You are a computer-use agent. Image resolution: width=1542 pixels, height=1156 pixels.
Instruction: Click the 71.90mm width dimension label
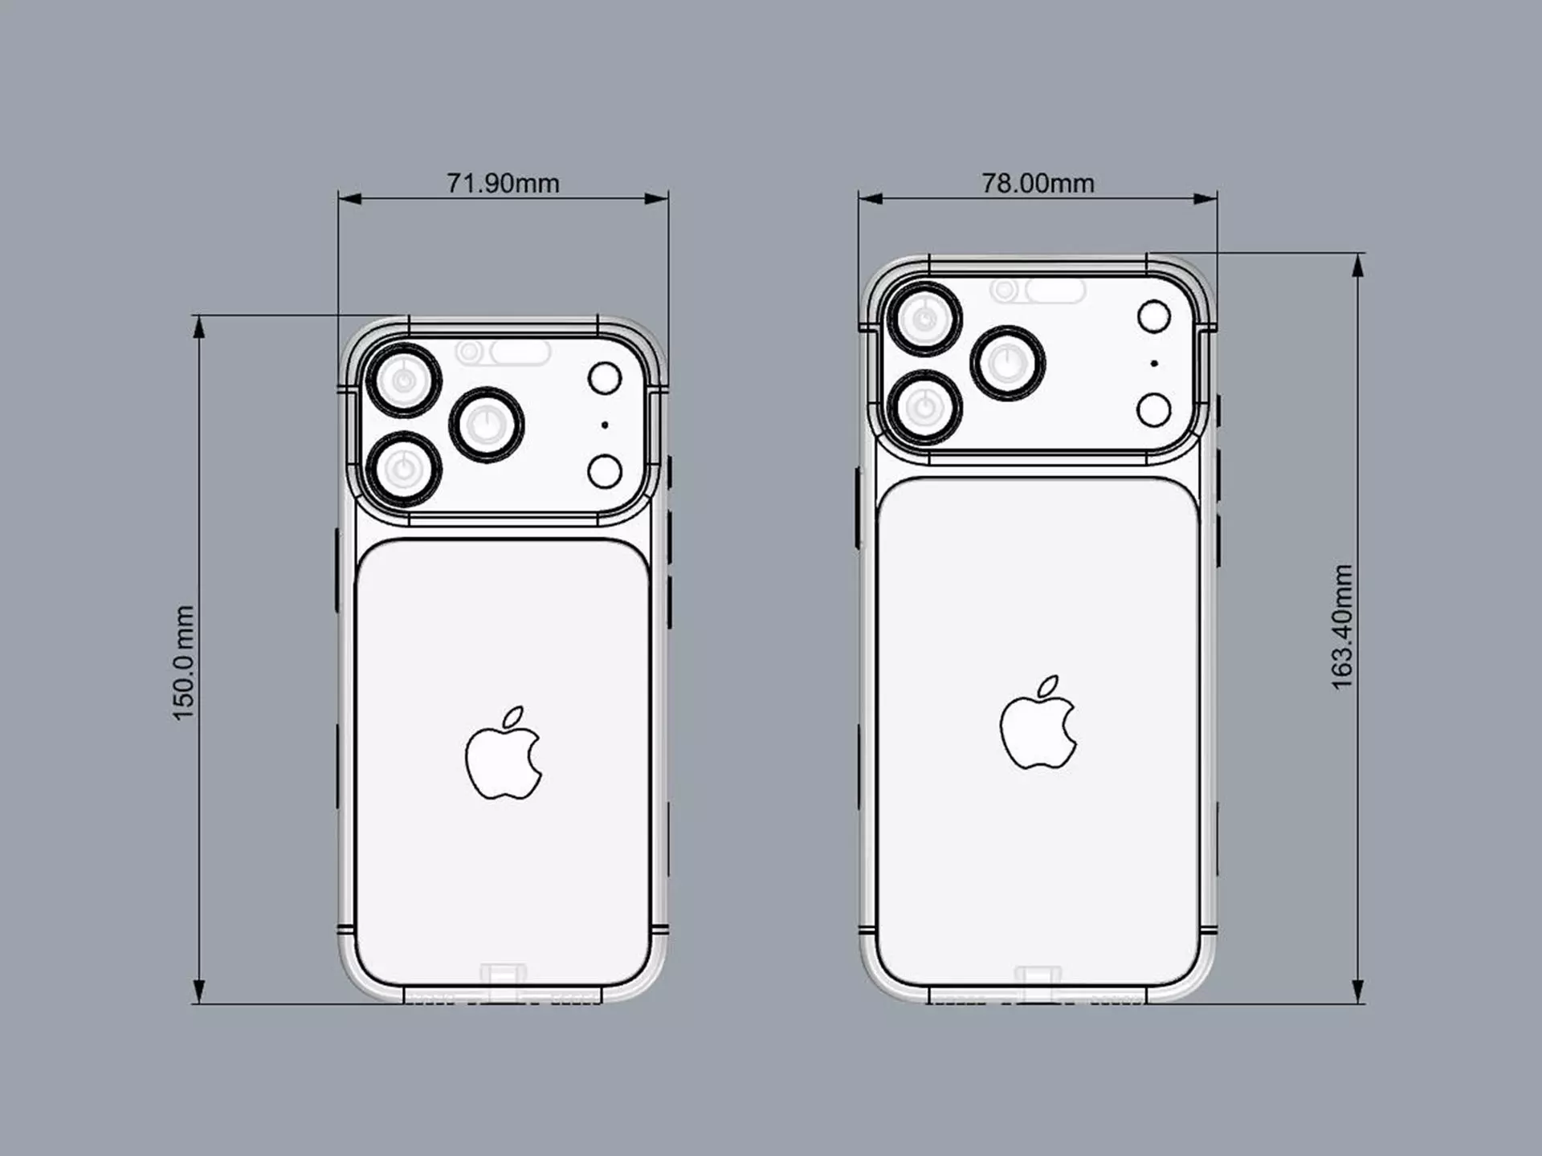coord(503,183)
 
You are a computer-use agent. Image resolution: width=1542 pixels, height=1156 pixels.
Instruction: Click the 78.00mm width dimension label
coord(1038,183)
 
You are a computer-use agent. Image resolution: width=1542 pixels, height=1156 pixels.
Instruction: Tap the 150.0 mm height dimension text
coord(184,663)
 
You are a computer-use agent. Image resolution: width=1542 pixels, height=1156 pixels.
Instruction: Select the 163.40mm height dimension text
coord(1342,627)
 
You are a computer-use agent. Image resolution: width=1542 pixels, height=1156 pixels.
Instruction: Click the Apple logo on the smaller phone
coord(504,755)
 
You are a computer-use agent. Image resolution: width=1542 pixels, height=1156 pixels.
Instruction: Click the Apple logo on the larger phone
coord(1038,723)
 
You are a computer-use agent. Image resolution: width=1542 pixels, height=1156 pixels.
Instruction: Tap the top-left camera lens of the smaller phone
coord(404,380)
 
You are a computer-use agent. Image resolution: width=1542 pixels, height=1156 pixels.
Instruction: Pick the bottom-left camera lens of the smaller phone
coord(404,469)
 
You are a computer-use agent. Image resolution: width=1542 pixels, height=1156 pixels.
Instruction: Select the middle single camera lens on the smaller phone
coord(487,425)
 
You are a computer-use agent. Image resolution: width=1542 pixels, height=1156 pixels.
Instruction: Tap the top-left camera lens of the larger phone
coord(924,319)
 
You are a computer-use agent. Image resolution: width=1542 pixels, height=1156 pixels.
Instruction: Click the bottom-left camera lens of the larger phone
coord(924,408)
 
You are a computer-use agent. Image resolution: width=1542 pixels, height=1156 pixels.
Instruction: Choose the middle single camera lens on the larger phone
coord(1008,363)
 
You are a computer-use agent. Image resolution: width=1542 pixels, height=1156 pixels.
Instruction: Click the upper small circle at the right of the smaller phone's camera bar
coord(605,378)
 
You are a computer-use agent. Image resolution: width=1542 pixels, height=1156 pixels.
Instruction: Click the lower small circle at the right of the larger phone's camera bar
coord(1154,410)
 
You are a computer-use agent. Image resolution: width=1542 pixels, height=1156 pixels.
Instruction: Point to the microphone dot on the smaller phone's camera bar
coord(605,425)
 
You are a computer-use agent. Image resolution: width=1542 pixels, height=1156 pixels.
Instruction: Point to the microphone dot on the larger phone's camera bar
coord(1154,364)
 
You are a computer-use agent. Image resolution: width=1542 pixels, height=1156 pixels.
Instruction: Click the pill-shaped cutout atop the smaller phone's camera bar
coord(520,352)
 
